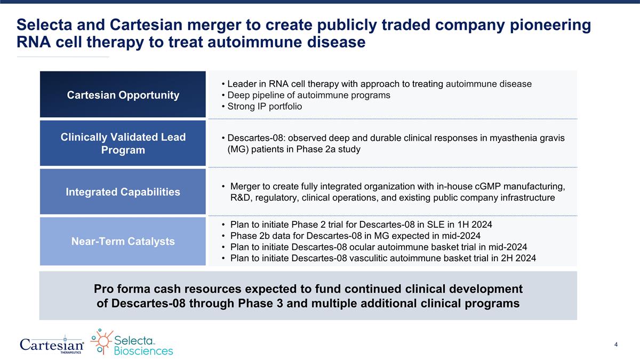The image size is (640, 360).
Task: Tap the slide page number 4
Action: [x=616, y=345]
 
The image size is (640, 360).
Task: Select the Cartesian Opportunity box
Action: [x=123, y=95]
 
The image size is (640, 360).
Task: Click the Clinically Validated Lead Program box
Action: [x=123, y=143]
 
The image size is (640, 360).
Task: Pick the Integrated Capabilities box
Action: [x=123, y=192]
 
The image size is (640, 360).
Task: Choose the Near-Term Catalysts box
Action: [x=123, y=241]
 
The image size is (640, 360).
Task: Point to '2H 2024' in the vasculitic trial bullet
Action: [x=518, y=259]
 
